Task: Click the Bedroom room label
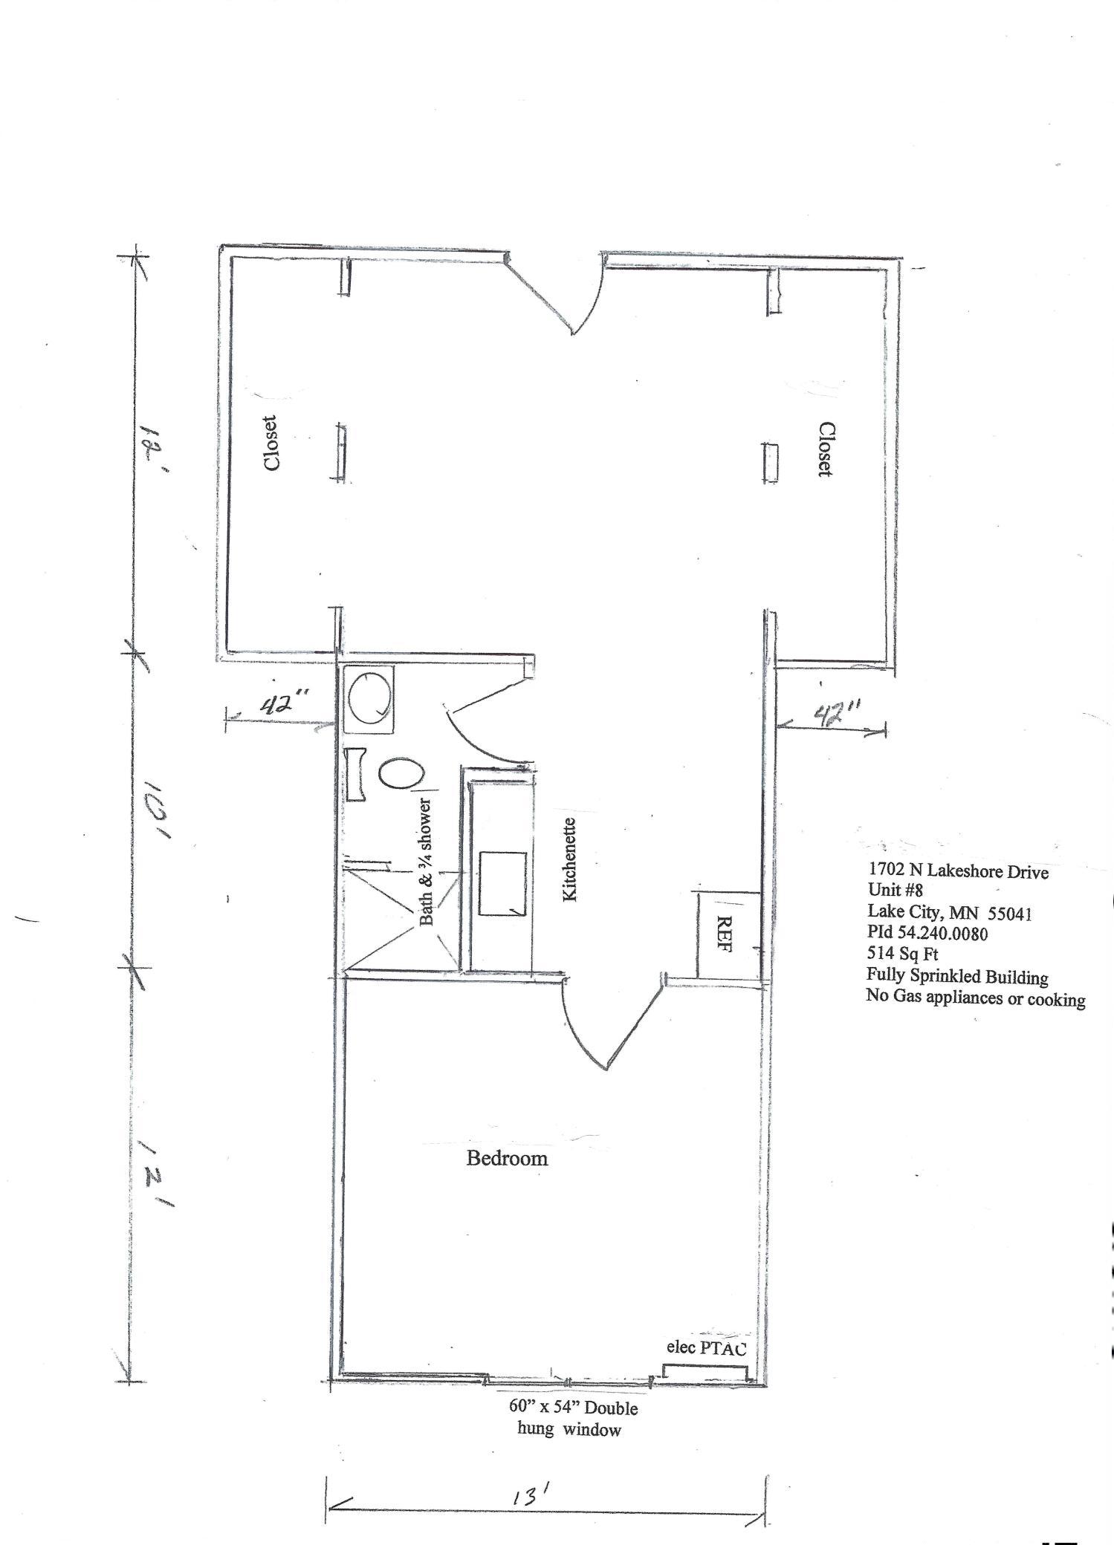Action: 507,1158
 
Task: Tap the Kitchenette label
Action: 570,859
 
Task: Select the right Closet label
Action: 825,449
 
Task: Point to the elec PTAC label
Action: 705,1348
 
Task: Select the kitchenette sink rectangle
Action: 502,883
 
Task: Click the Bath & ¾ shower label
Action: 427,862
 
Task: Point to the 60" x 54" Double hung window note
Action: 572,1417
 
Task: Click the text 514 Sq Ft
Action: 902,954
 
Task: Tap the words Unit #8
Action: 895,891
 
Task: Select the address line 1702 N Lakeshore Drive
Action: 958,871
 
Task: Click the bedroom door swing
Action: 606,1029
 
